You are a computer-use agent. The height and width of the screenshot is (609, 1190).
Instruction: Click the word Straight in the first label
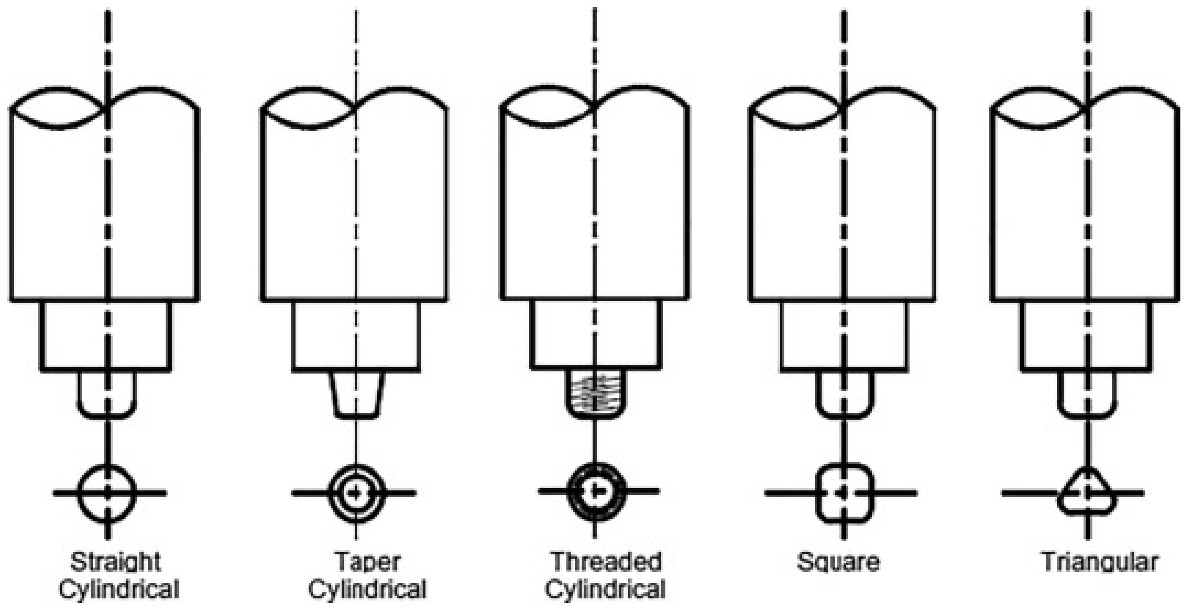[x=115, y=562]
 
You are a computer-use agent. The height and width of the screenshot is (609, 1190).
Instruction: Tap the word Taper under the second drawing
[x=367, y=562]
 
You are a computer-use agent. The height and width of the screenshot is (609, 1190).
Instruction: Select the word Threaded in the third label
[x=606, y=562]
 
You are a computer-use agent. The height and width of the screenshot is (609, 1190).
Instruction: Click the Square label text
[x=838, y=562]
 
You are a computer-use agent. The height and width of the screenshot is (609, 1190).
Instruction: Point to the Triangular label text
[x=1099, y=562]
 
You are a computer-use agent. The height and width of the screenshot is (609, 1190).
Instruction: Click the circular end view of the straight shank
[x=107, y=493]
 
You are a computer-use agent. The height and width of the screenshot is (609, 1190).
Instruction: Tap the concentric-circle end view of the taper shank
[x=356, y=493]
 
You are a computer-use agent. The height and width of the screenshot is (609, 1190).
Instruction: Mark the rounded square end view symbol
[x=845, y=493]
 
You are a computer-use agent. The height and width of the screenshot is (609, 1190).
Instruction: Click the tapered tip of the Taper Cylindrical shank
[x=356, y=395]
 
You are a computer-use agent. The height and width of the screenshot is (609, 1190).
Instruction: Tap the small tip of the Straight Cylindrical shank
[x=107, y=395]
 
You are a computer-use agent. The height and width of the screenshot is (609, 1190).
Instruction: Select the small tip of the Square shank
[x=845, y=395]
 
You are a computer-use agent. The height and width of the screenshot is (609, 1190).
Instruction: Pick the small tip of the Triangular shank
[x=1088, y=395]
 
